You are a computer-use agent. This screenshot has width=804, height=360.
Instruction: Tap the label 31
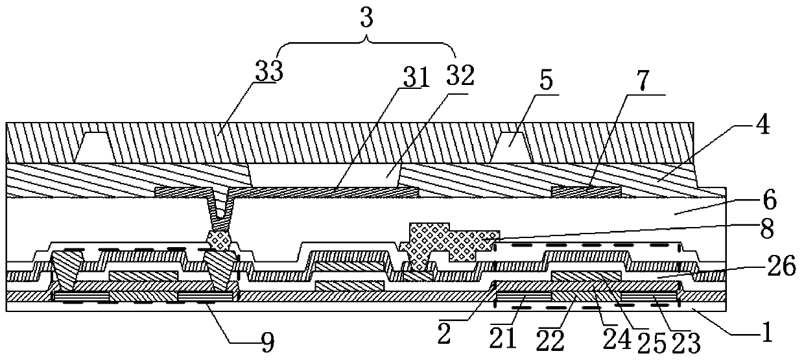point(415,77)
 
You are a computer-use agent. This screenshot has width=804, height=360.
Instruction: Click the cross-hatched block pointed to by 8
point(447,241)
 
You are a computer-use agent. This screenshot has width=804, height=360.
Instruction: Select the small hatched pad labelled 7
point(585,191)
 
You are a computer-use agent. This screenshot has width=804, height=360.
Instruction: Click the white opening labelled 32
point(324,175)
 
